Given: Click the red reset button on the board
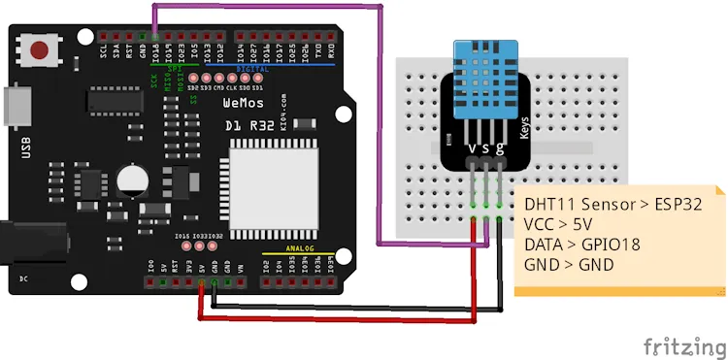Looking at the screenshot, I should (41, 50).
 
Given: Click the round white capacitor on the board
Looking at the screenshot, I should (131, 180).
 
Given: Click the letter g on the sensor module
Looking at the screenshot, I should (500, 147).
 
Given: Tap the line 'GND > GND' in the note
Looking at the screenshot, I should (569, 263).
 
